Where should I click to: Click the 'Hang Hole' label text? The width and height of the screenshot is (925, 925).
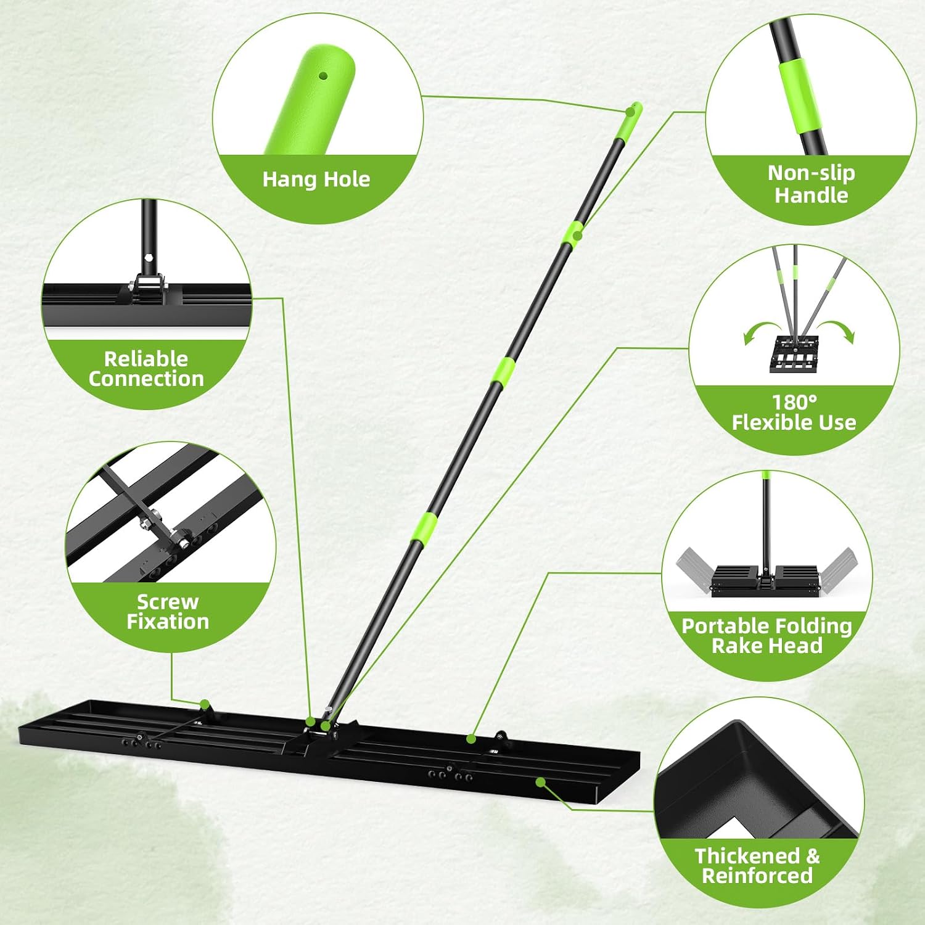pyautogui.click(x=316, y=179)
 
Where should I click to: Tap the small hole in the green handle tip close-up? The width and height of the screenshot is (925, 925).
pyautogui.click(x=323, y=76)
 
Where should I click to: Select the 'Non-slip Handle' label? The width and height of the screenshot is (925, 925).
pyautogui.click(x=811, y=184)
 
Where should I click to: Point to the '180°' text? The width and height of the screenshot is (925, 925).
pyautogui.click(x=794, y=402)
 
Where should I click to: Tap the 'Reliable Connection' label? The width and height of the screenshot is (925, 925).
pyautogui.click(x=146, y=369)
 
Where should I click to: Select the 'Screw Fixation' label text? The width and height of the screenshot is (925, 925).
pyautogui.click(x=168, y=611)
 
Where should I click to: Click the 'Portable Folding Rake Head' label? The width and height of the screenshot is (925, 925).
pyautogui.click(x=767, y=635)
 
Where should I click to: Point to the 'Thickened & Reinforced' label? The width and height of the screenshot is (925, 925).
pyautogui.click(x=757, y=865)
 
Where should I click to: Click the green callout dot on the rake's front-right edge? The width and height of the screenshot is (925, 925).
pyautogui.click(x=540, y=782)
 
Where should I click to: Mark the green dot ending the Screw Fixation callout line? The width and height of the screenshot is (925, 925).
pyautogui.click(x=204, y=704)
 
